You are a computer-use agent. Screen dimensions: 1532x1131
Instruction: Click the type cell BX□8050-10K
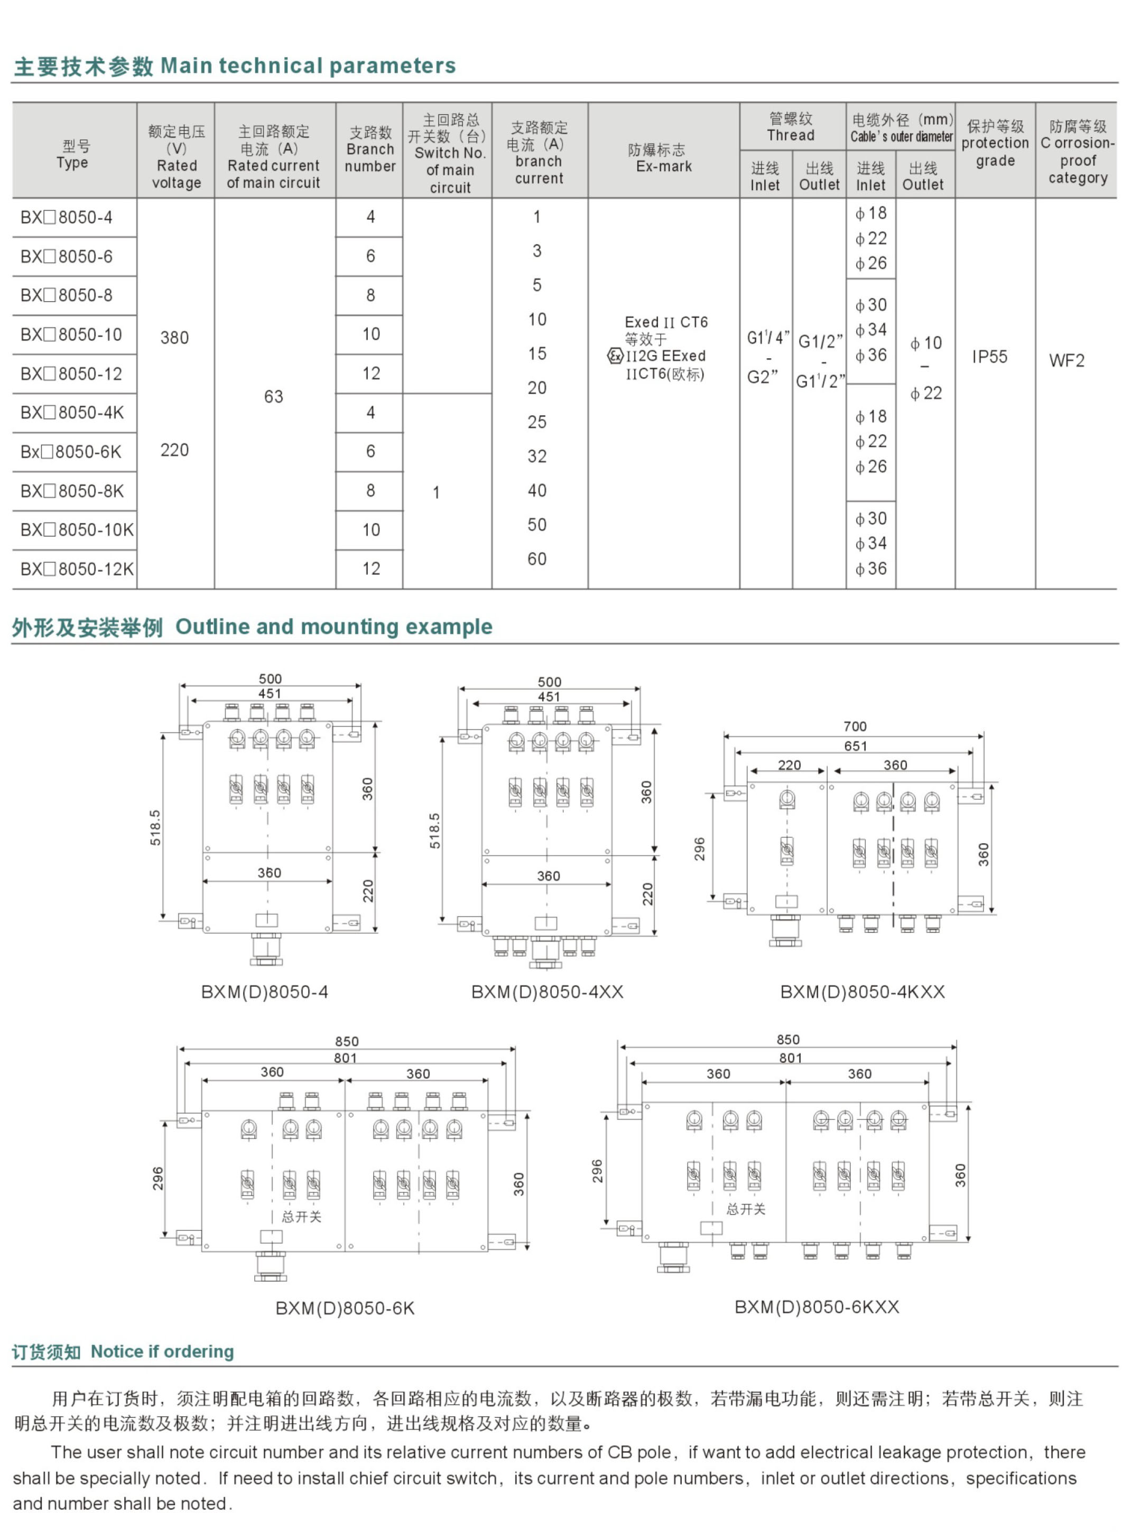point(77,530)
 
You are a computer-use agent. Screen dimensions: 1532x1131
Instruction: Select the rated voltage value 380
point(174,338)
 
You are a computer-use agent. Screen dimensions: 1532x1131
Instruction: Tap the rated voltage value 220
point(174,450)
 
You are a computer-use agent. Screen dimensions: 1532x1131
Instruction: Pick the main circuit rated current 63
point(274,397)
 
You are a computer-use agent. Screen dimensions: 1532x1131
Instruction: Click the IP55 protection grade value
point(990,357)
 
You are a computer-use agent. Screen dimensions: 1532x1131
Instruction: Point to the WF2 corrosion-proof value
point(1067,361)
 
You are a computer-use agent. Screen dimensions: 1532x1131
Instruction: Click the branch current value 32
point(537,456)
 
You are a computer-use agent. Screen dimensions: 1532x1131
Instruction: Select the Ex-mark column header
point(663,158)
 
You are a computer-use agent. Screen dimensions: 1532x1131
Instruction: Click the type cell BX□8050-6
point(67,257)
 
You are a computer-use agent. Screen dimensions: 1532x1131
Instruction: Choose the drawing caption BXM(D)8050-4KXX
point(863,992)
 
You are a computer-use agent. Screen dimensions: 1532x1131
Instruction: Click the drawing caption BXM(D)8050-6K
point(345,1308)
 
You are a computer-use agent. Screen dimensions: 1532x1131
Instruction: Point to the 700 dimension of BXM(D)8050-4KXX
point(855,726)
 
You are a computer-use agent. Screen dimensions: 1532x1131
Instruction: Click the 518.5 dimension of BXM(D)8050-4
point(155,827)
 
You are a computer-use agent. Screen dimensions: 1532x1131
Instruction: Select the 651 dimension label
point(855,746)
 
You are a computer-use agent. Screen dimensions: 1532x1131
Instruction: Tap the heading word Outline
point(211,627)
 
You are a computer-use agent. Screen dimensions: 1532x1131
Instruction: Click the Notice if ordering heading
point(162,1351)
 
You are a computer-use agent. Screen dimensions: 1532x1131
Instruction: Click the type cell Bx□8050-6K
point(70,452)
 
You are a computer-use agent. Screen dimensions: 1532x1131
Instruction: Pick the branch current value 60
point(537,559)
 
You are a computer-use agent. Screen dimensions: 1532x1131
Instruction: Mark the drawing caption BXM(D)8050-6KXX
point(817,1307)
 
